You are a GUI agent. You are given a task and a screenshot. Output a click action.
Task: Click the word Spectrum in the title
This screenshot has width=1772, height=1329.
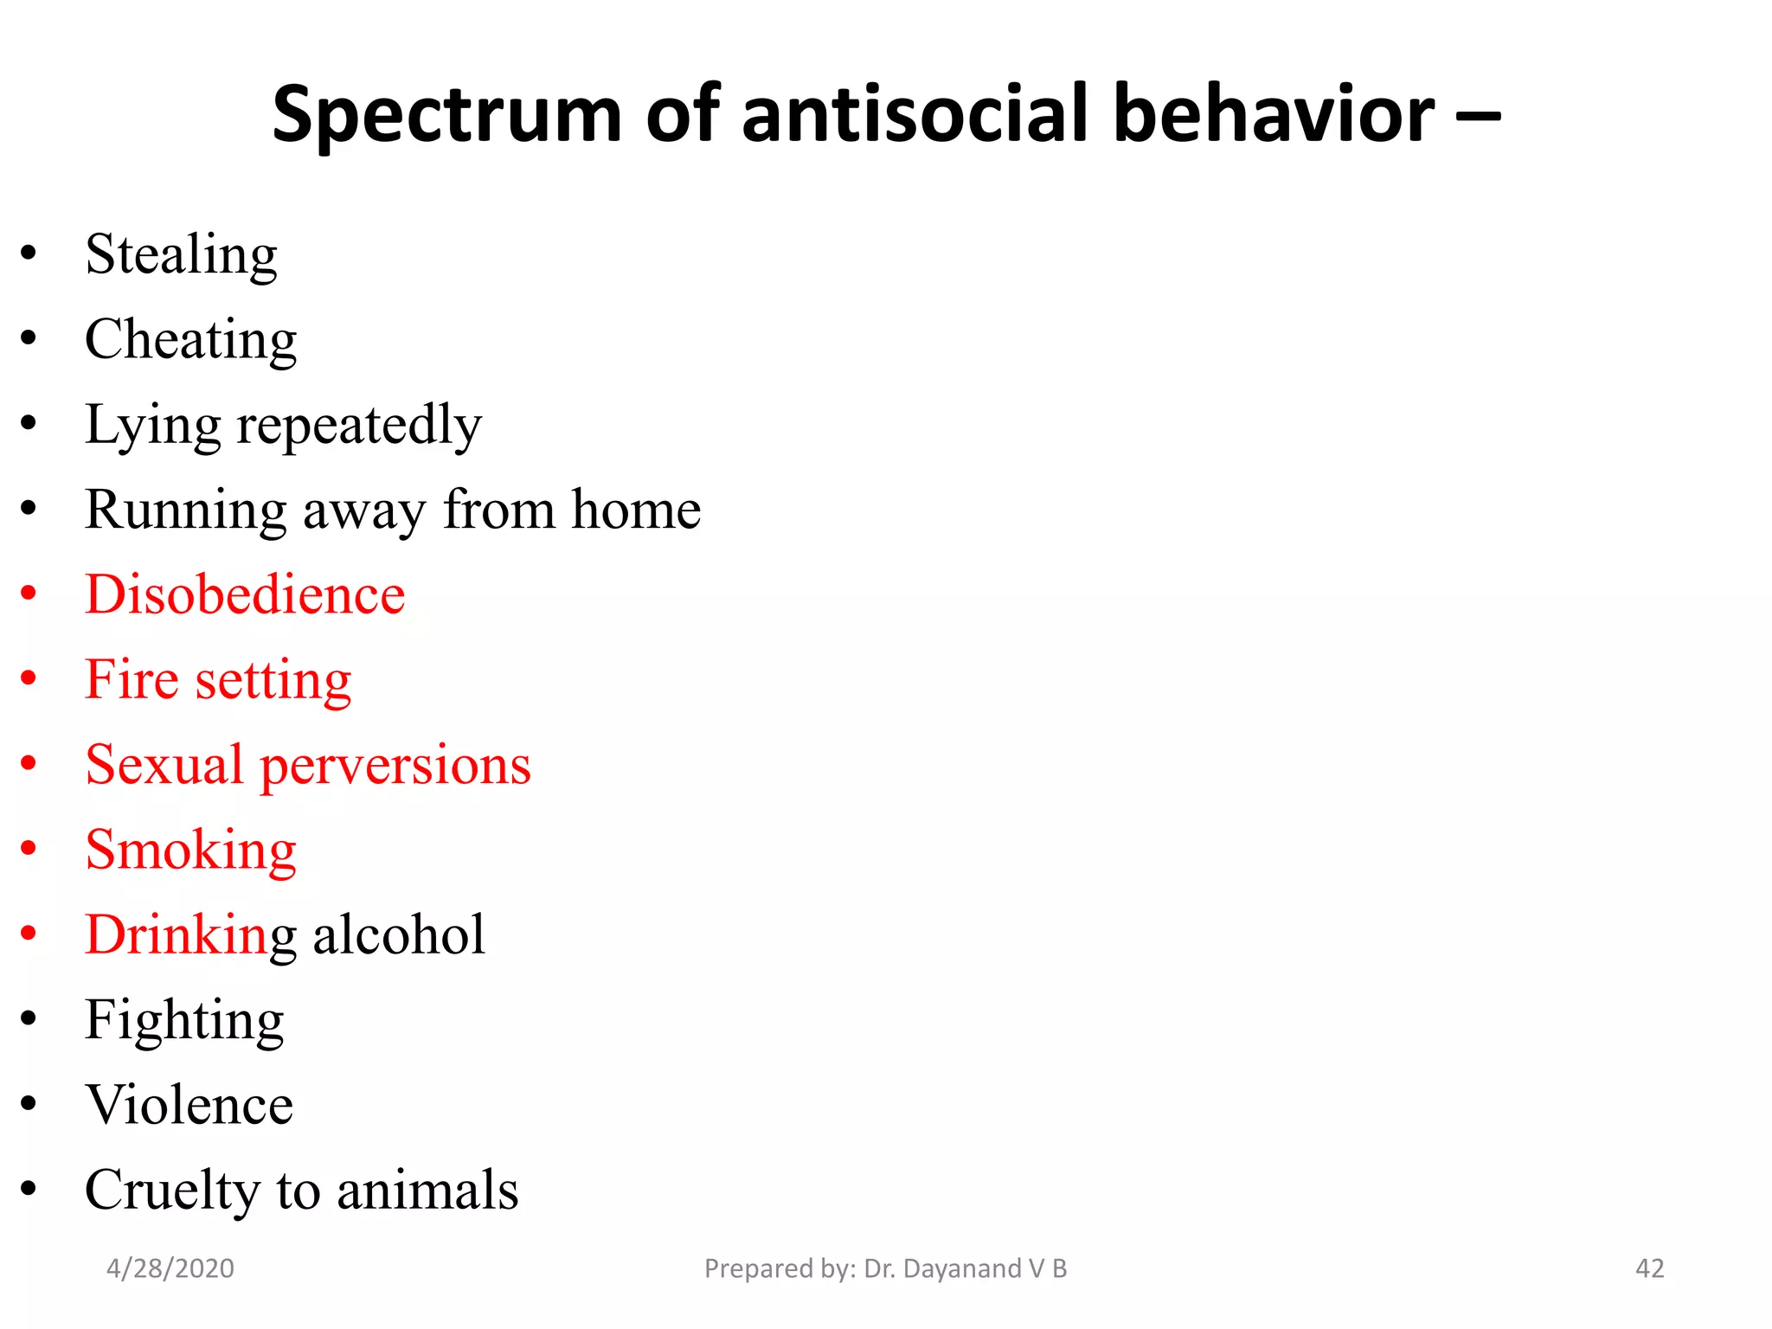pos(446,115)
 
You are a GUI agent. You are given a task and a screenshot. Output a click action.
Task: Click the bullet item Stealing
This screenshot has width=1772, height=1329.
pos(181,255)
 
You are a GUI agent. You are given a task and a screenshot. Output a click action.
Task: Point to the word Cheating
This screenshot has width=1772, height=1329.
pos(190,340)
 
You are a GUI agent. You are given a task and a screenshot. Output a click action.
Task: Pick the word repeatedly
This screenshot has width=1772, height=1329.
pos(359,426)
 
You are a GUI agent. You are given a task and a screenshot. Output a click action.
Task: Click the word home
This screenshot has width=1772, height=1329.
pos(636,510)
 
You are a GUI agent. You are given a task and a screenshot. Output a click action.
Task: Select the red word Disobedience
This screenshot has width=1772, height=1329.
pos(245,594)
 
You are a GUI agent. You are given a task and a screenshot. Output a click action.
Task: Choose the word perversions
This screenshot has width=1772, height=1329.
pos(395,766)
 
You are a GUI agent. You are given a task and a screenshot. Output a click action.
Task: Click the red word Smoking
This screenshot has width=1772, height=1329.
pos(190,851)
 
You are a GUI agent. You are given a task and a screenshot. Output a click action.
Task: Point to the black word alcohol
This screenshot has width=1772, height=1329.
pos(399,935)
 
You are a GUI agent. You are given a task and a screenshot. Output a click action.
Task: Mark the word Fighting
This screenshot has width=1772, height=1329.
pos(184,1021)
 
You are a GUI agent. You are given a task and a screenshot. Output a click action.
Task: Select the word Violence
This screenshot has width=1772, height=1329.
pos(189,1105)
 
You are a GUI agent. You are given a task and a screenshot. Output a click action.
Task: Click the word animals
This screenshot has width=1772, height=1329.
pos(427,1191)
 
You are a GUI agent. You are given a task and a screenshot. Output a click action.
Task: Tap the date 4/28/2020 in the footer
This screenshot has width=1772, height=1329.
pos(170,1268)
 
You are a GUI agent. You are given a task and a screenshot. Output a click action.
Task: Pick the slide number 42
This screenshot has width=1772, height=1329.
pos(1649,1268)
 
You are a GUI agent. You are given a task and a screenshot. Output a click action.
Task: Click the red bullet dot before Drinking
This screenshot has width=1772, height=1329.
pos(29,933)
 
